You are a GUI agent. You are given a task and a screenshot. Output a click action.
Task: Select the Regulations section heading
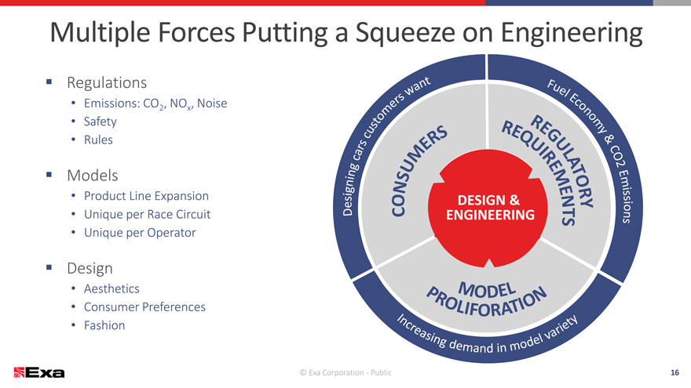tap(107, 82)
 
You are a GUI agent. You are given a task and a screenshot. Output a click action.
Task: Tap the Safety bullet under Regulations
tap(101, 121)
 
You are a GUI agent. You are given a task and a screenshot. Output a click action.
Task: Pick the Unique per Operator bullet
tap(139, 233)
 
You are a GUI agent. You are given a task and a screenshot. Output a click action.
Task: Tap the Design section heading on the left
tap(90, 268)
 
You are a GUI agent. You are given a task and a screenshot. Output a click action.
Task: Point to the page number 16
tap(674, 372)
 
